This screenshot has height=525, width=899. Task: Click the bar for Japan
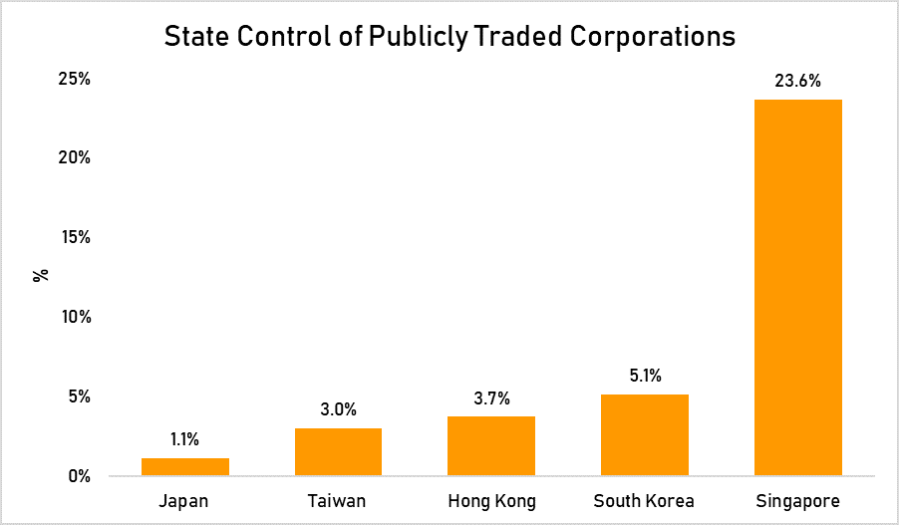tap(185, 467)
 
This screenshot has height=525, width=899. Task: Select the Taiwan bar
tap(338, 452)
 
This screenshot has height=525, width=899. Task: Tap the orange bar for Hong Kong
tap(491, 446)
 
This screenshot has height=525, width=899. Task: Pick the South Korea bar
tap(645, 435)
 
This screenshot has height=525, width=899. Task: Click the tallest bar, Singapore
tap(797, 288)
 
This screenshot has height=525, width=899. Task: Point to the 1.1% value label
tap(185, 439)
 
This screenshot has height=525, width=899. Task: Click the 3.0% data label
tap(338, 409)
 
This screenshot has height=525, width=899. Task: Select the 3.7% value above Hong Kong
tap(491, 398)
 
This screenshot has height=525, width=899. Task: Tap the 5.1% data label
tap(645, 377)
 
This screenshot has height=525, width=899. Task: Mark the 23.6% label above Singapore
tap(797, 82)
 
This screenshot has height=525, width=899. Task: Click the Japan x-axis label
tap(185, 501)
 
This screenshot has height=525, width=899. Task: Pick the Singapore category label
tap(797, 501)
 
